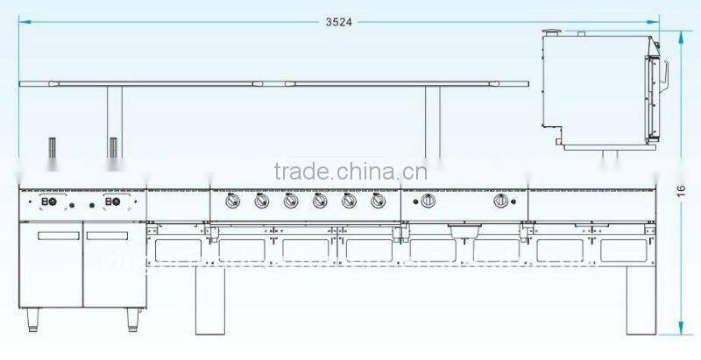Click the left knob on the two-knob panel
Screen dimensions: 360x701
click(428, 201)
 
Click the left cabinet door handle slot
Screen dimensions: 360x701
click(54, 235)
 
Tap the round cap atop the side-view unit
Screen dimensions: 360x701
click(553, 32)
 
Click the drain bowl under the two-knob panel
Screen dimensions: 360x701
click(464, 232)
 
